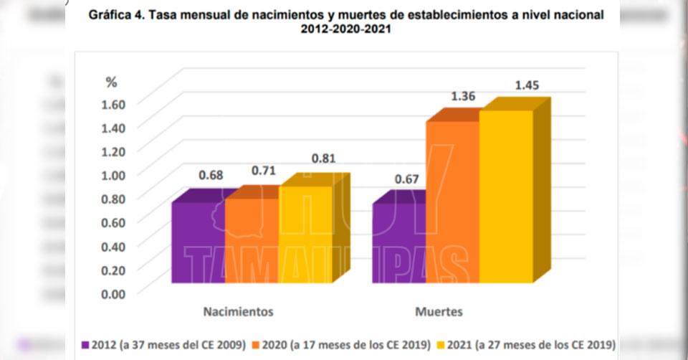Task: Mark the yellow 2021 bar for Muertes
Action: [506, 196]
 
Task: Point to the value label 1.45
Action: [527, 85]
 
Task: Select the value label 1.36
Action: [463, 96]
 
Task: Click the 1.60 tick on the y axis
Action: [110, 103]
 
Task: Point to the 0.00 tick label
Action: [110, 293]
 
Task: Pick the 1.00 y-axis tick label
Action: [110, 174]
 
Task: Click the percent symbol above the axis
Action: [111, 82]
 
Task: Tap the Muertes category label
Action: [439, 312]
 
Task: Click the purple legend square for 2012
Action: [87, 344]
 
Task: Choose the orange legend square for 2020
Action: [257, 344]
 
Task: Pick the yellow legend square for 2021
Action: [441, 344]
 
